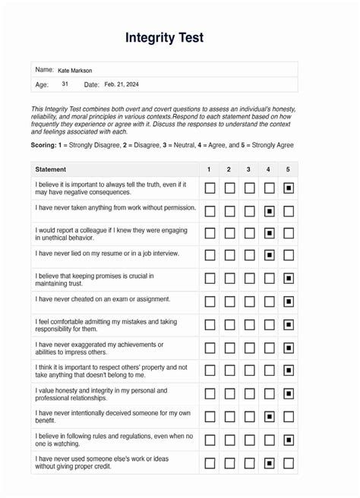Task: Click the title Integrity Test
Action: pos(165,38)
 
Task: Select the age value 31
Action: pos(65,84)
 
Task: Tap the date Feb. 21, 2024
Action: pos(122,84)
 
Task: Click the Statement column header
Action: pos(51,169)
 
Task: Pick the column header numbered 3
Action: pos(248,169)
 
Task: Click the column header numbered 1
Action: pos(209,169)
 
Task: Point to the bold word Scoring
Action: pos(44,145)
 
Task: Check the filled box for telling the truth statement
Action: pos(289,188)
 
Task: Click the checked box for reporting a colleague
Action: pos(269,233)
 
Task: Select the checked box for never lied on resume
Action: pos(269,256)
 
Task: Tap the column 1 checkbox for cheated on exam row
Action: pos(210,301)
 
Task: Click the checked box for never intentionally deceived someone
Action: pos(269,417)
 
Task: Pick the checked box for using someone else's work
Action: pos(269,462)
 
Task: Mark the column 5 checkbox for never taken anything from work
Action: pos(289,210)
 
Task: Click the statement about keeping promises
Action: pos(94,279)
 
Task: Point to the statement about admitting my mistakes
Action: pos(105,325)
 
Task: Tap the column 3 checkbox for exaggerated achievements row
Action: pos(249,348)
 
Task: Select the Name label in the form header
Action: pos(44,70)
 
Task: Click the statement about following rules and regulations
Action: pos(114,440)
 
